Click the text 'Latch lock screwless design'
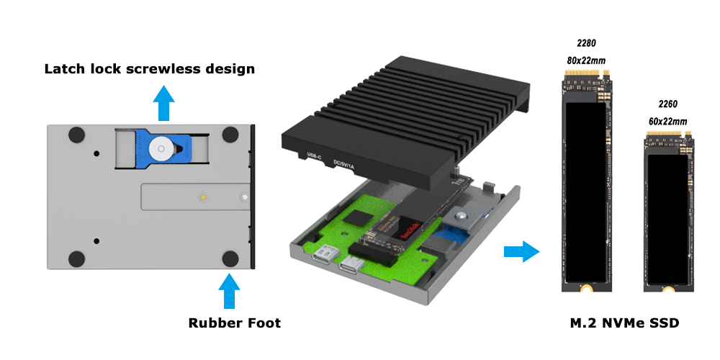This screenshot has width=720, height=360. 150,70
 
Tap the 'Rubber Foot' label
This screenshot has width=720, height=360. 235,323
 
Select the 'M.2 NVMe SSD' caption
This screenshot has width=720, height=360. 624,324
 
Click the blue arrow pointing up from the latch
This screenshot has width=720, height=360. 165,104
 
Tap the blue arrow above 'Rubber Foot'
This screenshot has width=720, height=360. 229,292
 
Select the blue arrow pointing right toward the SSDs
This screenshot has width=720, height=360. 521,252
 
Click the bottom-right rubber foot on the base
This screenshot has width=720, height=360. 230,259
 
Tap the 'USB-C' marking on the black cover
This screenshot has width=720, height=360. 315,156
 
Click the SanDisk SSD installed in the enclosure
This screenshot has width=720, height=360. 400,230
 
